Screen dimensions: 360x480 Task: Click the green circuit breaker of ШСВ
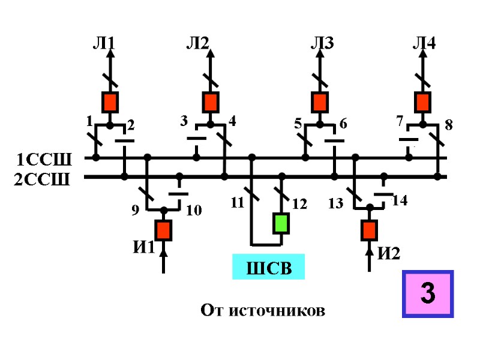tap(281, 223)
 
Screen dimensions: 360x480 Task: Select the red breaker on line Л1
tap(110, 102)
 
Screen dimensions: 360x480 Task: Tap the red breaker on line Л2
tap(211, 102)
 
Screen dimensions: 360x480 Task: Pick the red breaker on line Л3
tap(320, 102)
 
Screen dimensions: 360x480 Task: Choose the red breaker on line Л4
tap(424, 102)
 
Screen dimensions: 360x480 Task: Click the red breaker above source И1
tap(163, 230)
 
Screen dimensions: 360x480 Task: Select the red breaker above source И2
tap(369, 230)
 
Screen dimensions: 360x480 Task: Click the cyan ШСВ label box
tap(269, 268)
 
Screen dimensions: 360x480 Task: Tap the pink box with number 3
tap(427, 294)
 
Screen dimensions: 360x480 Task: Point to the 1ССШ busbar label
tap(44, 160)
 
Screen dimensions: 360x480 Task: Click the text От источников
tap(263, 311)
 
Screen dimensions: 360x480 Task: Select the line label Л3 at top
tap(322, 43)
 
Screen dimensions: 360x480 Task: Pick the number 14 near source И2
tap(400, 201)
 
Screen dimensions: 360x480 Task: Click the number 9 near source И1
tap(136, 211)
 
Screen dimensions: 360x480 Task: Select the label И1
tap(144, 247)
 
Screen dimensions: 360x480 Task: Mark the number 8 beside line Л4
tap(448, 126)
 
